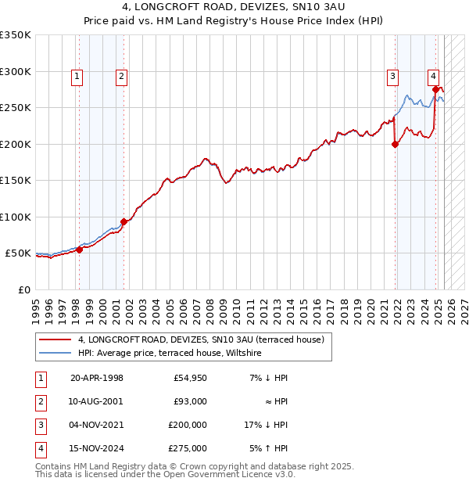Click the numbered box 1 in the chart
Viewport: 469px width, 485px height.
[78, 76]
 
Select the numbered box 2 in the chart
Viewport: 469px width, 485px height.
[123, 76]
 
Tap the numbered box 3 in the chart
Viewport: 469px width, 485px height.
[392, 76]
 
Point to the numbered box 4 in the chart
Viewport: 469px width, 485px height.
[432, 76]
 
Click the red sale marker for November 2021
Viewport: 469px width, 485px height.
[396, 144]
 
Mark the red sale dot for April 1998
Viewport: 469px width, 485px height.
[79, 250]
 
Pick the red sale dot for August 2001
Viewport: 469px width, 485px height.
[124, 221]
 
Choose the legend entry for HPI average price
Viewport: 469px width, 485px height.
[170, 354]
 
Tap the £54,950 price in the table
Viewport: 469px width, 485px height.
[191, 379]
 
